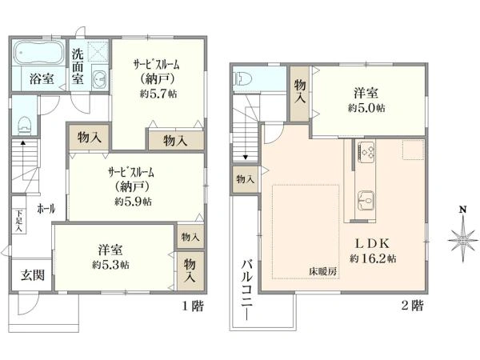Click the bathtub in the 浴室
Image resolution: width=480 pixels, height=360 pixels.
click(37, 55)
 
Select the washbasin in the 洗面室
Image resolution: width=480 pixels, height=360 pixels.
click(99, 78)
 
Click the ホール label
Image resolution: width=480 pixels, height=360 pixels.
click(46, 208)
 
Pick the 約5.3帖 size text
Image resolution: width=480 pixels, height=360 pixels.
click(111, 265)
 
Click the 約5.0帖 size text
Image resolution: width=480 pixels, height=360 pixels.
click(366, 107)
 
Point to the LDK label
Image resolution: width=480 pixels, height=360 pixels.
click(373, 243)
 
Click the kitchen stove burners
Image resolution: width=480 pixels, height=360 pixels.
click(368, 150)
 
